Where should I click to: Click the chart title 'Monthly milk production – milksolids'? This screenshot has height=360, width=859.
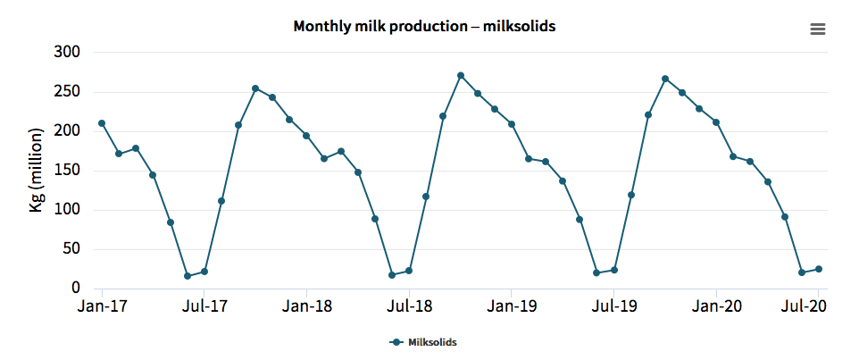pos(424,26)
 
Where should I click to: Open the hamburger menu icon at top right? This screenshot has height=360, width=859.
pos(817,29)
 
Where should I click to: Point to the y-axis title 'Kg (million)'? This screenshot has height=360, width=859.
pos(38,171)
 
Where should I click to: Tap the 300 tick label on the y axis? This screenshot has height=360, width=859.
pos(69,53)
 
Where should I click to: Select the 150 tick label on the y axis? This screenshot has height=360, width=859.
pos(69,171)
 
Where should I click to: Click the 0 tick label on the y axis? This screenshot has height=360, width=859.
pos(77,289)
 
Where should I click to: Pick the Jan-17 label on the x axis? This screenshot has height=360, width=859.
pos(102,307)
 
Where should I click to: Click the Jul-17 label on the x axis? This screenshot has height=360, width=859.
pos(204,307)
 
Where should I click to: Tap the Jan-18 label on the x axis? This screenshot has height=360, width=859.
pos(306,307)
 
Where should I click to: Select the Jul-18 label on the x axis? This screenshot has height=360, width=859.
pos(409,307)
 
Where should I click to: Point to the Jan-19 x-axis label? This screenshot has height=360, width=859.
pos(511,307)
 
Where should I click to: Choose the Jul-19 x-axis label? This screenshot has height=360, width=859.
pos(613,307)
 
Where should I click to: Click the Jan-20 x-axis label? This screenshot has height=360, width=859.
pos(716,307)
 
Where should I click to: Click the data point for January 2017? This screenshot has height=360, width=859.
pos(102,123)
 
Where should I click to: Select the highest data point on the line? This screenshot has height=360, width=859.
pos(461,76)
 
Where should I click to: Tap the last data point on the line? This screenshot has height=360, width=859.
pos(819,269)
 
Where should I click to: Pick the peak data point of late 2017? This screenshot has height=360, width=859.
pos(255,88)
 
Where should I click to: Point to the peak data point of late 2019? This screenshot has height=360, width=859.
pos(665,79)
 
